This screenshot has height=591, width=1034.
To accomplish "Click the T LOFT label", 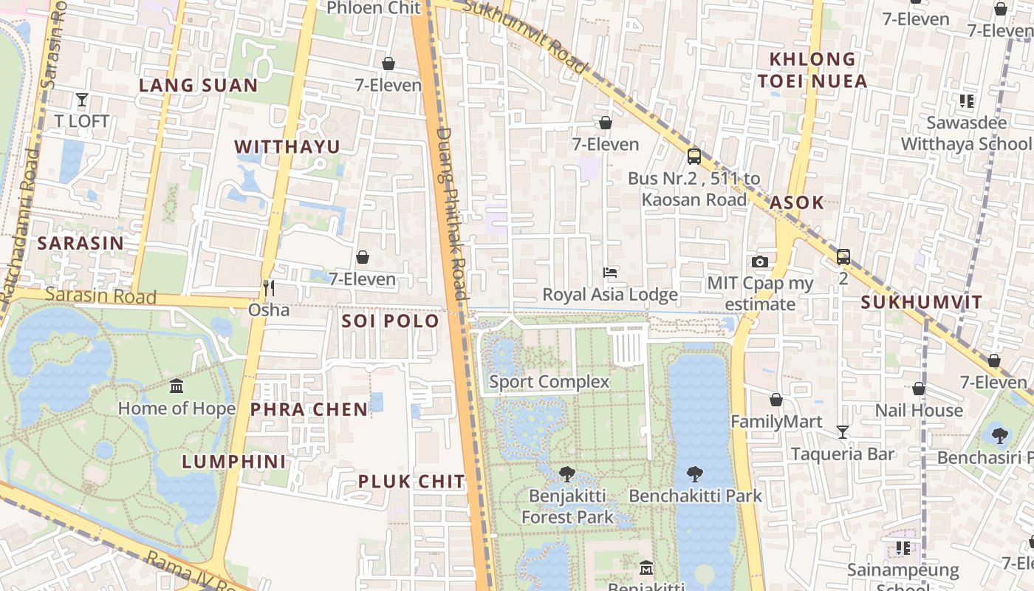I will point(82,121).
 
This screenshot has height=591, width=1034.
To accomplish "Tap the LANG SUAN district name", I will point(199,86).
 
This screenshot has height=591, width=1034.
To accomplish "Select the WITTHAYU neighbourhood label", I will point(287,147).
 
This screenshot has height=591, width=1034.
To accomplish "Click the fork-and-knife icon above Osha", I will point(269,287).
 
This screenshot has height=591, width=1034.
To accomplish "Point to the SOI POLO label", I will point(390,321).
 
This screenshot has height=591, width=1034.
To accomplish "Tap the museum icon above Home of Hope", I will point(177,386).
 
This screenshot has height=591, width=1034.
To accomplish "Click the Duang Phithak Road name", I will point(453,214).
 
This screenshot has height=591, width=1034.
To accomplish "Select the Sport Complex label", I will point(549,382).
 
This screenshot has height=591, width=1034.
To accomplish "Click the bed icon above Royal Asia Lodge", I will point(610,273).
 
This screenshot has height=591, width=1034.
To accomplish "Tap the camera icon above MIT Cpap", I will point(759,262).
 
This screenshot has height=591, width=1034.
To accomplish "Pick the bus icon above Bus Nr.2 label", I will point(694,156).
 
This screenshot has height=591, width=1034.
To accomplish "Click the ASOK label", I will point(796,203).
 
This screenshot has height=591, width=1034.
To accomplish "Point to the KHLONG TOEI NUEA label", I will point(812,70).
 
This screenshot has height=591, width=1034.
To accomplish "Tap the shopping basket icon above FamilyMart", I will point(776,400).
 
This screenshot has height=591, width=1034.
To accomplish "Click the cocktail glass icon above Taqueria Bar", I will point(843,432).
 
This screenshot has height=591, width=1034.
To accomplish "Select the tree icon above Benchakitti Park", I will point(694,474).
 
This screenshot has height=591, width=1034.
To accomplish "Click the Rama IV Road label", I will point(188,570).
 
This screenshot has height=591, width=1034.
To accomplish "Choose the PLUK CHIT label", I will point(411,482).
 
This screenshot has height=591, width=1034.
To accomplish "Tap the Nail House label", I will point(919,410).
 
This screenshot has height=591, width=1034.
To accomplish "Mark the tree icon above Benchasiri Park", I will point(999,436).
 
